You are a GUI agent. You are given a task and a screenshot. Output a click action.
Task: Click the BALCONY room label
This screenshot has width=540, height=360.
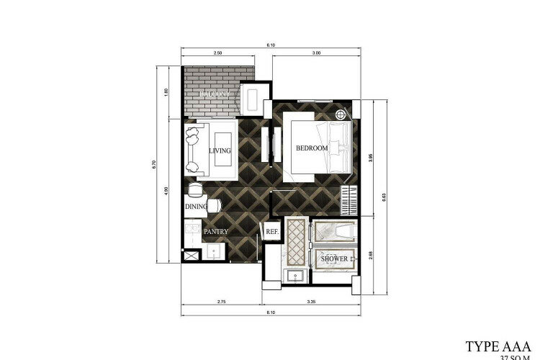(214, 94)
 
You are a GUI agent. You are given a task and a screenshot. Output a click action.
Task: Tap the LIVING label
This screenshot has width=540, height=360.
(220, 150)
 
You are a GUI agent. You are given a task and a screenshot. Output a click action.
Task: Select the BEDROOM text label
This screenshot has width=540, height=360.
(312, 148)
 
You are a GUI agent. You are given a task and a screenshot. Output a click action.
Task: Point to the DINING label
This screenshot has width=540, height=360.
(196, 207)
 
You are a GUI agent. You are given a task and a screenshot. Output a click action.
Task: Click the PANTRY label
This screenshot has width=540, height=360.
(216, 232)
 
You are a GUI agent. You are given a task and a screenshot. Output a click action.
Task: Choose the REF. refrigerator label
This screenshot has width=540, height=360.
(271, 232)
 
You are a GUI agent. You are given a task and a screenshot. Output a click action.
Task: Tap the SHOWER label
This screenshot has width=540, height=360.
(334, 258)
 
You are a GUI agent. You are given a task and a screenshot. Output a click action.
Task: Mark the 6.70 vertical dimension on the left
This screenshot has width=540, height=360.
(154, 164)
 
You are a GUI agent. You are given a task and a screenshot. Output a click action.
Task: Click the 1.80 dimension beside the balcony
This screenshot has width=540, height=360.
(166, 91)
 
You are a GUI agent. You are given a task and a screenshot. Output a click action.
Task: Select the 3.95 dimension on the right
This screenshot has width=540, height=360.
(371, 154)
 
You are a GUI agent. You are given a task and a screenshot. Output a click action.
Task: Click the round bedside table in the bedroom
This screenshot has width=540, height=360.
(341, 114)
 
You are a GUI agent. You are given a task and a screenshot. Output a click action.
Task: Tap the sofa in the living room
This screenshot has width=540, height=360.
(192, 150)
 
